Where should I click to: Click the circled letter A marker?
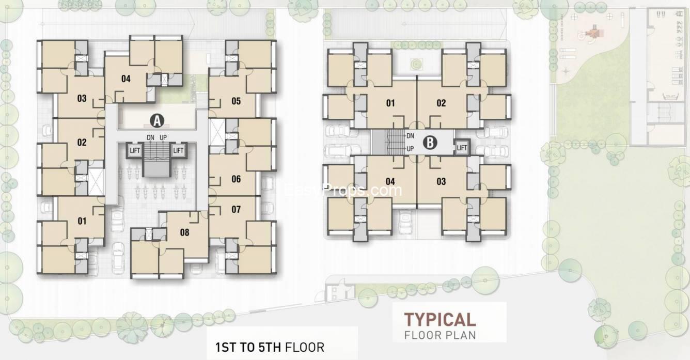tap(156, 121)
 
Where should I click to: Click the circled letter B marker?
tap(430, 142)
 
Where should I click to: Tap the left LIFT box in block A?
tap(135, 150)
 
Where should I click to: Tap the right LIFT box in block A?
tap(178, 150)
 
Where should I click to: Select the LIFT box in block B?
tap(462, 148)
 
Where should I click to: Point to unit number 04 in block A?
tap(126, 79)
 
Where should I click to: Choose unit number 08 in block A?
tap(184, 232)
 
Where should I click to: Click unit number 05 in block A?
tap(236, 101)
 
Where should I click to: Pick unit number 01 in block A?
tap(82, 222)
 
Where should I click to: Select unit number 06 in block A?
tap(236, 179)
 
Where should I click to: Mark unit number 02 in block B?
tap(441, 103)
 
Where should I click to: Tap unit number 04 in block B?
tap(390, 181)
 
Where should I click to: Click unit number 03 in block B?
tap(441, 181)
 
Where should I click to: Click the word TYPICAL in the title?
tap(440, 319)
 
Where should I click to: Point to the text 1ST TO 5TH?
tap(248, 346)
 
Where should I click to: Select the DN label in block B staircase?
tap(411, 136)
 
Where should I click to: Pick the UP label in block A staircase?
tap(163, 137)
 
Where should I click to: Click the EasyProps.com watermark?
tap(343, 191)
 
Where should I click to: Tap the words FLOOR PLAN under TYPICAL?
tap(440, 334)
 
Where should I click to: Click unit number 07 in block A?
tap(236, 209)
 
